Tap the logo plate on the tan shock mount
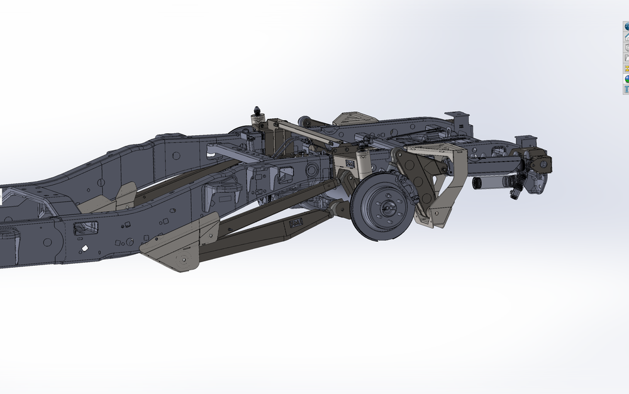click(x=349, y=163)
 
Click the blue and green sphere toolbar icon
click(x=626, y=26)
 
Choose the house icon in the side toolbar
click(x=626, y=37)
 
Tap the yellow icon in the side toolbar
click(x=626, y=68)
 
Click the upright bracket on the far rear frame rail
click(x=459, y=121)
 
